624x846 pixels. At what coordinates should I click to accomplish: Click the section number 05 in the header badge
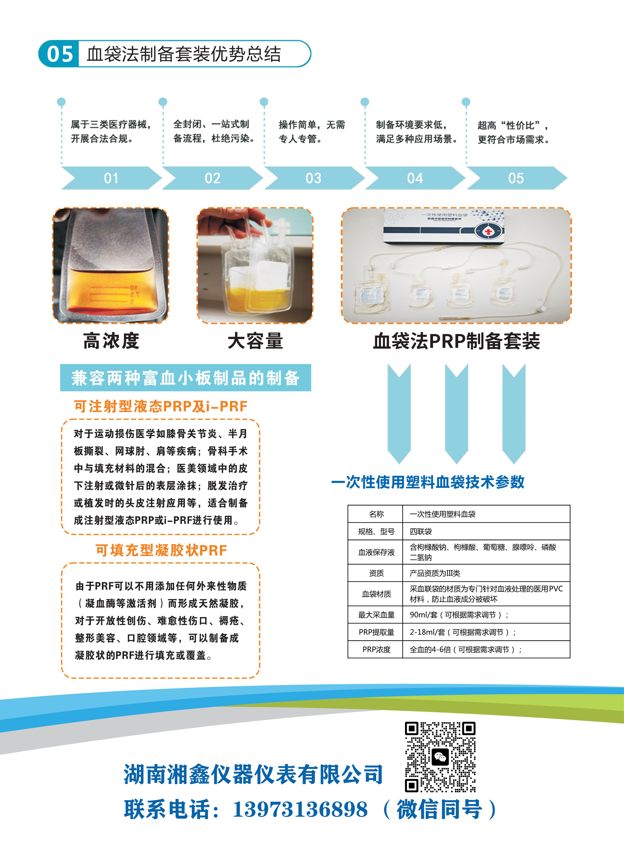60,54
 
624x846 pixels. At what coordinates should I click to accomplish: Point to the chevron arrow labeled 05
516,178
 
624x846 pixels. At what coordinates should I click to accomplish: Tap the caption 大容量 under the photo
255,341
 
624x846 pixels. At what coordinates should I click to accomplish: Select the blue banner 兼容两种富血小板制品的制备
185,378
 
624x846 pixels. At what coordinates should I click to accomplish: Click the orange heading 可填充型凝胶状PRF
161,550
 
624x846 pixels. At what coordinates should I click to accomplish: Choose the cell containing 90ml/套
486,615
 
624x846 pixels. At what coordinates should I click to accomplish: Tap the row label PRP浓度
376,649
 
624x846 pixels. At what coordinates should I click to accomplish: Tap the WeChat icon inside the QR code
440,757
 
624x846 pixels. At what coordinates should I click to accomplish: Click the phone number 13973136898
300,809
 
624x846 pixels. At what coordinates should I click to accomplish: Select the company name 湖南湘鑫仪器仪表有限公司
253,775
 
